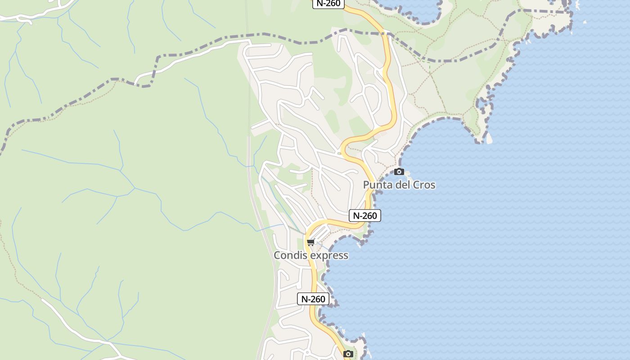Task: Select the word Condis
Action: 291,256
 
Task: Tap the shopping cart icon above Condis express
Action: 310,243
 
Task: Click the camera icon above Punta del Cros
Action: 399,171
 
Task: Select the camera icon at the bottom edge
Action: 348,354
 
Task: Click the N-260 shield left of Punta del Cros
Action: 365,216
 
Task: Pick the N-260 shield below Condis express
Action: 313,299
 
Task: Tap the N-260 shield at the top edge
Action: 328,4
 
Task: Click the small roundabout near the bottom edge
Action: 307,351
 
